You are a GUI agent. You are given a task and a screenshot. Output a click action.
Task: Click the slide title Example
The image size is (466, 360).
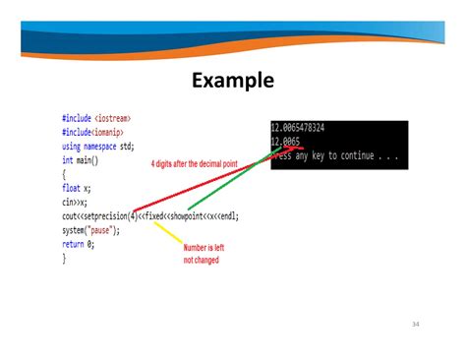pos(232,80)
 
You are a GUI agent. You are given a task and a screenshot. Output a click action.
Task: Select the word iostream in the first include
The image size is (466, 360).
pos(112,118)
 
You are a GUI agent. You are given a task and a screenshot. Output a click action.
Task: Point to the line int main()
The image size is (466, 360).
pos(82,159)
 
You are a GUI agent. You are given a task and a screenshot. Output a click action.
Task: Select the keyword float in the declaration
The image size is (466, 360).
pos(73,188)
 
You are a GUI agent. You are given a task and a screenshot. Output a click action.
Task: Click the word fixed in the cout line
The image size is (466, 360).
pos(155,216)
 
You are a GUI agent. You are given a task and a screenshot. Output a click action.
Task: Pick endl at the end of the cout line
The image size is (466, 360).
pos(227,216)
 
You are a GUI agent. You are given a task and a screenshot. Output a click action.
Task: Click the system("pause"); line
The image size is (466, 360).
pos(90,230)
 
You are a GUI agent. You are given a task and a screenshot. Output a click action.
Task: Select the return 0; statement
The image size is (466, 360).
pos(78,244)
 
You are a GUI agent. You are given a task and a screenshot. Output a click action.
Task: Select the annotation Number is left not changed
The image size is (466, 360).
pos(204,254)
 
